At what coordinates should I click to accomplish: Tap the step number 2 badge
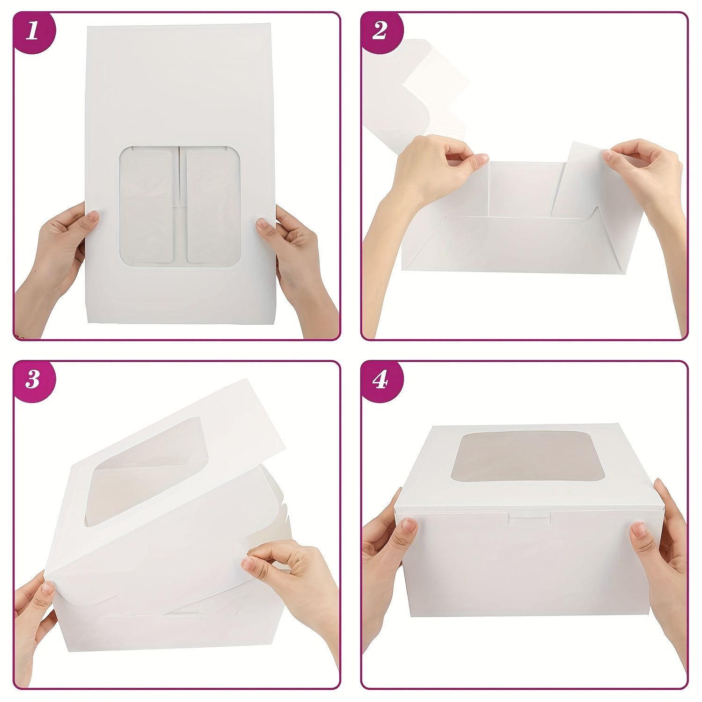click(380, 32)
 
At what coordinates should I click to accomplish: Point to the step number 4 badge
click(380, 380)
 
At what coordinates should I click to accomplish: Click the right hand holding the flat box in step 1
click(297, 271)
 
